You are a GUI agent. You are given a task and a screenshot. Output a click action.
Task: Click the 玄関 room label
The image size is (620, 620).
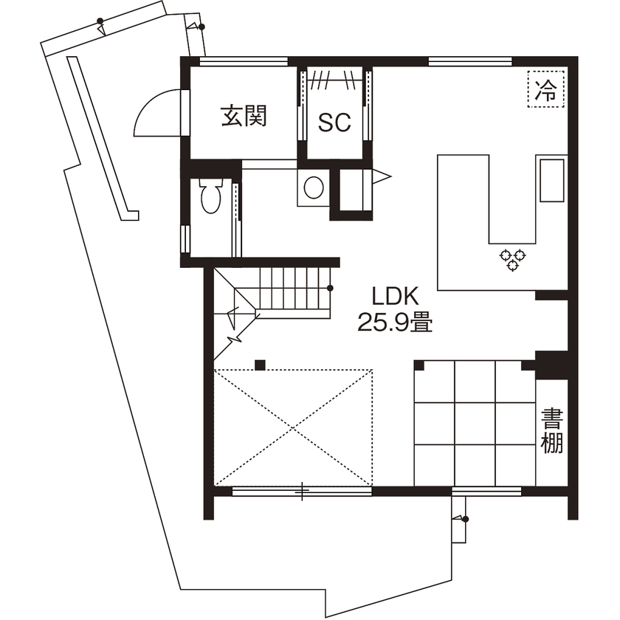coord(244,116)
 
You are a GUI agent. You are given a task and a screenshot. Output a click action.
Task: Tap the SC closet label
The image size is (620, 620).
coord(334,123)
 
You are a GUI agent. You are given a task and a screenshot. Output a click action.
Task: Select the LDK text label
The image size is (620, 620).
coord(395,297)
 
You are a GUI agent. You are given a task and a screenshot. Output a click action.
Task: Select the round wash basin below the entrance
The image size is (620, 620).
coord(313,187)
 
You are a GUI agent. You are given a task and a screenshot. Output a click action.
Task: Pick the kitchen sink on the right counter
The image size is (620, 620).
coord(552,179)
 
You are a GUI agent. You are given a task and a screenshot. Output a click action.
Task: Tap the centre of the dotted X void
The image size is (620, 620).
coord(293,427)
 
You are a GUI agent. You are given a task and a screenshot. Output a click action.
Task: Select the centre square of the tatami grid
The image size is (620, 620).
coord(475,422)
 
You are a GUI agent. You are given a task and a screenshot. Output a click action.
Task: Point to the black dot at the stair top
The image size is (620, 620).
coord(330,288)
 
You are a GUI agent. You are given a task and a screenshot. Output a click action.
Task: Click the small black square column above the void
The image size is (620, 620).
coord(260,363)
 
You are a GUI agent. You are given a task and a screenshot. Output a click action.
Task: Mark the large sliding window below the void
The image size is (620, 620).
coord(302,490)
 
